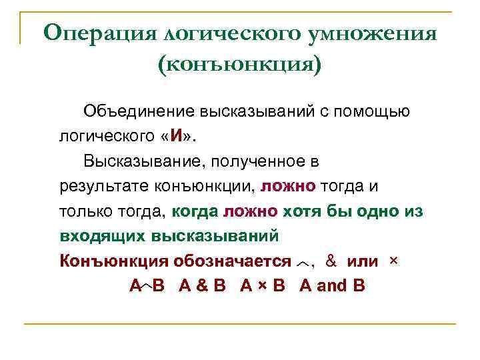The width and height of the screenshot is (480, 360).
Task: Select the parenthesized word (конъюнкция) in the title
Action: [239, 64]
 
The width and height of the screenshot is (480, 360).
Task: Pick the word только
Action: [81, 211]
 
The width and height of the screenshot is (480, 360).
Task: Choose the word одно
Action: [375, 211]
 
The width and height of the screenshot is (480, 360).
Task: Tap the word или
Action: [363, 261]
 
